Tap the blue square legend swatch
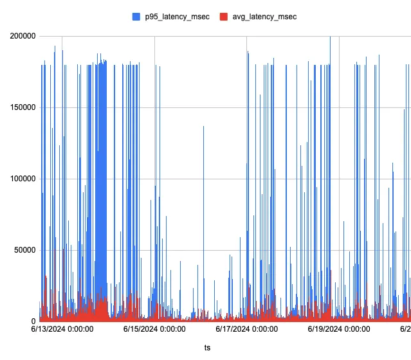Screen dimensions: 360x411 point(136,17)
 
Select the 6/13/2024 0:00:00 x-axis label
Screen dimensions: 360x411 point(62,330)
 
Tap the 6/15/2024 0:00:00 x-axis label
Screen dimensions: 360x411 point(154,330)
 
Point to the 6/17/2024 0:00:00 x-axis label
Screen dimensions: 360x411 point(246,330)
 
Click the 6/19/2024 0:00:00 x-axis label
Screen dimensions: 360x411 point(338,330)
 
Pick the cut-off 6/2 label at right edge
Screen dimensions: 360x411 point(405,330)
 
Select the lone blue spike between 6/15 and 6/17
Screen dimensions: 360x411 point(204,193)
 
